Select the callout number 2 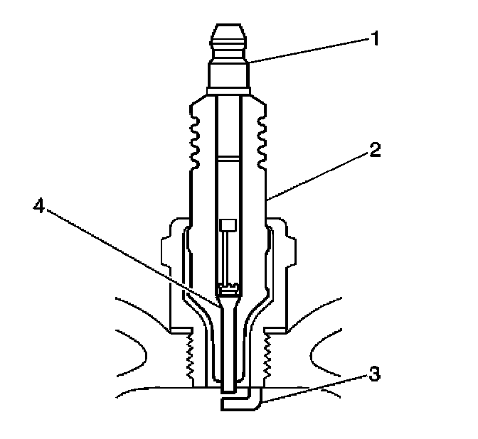click(x=376, y=150)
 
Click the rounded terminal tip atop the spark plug click(x=228, y=39)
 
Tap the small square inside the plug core click(x=228, y=225)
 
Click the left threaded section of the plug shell click(x=188, y=355)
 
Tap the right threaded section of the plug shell click(x=268, y=355)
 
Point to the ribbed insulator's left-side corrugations click(x=193, y=139)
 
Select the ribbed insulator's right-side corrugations click(x=262, y=139)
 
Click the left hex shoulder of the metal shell click(x=173, y=277)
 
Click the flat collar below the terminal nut click(x=228, y=90)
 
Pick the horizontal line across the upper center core click(x=228, y=156)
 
